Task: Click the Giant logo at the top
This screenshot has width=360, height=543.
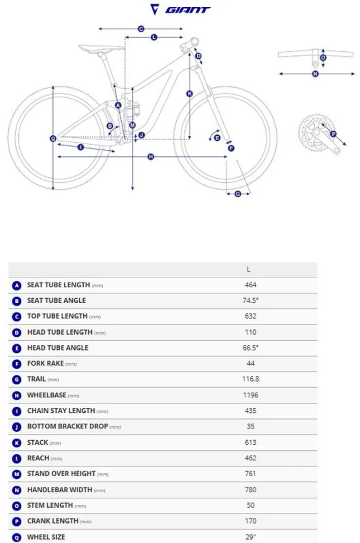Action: point(180,10)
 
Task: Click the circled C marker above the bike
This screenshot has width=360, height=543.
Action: point(141,29)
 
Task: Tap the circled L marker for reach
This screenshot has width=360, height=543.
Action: point(154,37)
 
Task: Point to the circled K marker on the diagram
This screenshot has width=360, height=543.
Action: point(189,94)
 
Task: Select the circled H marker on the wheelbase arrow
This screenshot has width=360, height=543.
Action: point(151,157)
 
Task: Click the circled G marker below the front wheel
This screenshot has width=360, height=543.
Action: point(238,194)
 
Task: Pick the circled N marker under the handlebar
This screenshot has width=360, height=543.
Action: point(315,74)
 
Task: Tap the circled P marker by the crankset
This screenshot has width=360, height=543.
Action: point(333,134)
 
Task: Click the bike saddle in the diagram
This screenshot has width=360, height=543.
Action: point(101,49)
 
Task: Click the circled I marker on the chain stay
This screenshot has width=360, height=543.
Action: point(81,147)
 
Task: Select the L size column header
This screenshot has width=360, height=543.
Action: point(249,269)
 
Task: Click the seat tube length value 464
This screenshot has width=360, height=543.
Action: point(250,285)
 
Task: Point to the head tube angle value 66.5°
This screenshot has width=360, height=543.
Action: point(250,348)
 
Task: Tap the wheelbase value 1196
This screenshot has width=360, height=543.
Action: point(250,395)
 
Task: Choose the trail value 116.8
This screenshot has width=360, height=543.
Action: point(250,379)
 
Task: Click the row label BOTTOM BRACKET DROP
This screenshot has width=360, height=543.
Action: point(67,426)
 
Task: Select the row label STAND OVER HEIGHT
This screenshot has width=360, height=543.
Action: point(61,473)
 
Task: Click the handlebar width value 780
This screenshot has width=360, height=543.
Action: point(250,490)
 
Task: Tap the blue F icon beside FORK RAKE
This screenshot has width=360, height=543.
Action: point(16,364)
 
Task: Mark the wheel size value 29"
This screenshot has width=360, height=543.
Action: point(250,537)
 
